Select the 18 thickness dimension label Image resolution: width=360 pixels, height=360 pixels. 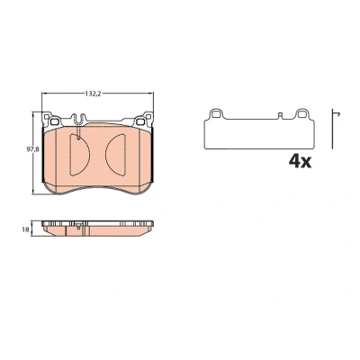26,229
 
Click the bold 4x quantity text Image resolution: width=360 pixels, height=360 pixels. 300,162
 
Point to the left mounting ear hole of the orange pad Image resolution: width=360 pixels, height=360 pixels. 54,121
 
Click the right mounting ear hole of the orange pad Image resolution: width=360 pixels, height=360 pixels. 140,121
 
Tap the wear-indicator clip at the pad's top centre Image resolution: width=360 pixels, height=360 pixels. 78,119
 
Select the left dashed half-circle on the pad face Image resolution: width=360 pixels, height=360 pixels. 79,155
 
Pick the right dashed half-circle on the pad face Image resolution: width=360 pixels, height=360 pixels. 115,155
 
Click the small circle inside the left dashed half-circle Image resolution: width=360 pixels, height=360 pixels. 78,138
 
